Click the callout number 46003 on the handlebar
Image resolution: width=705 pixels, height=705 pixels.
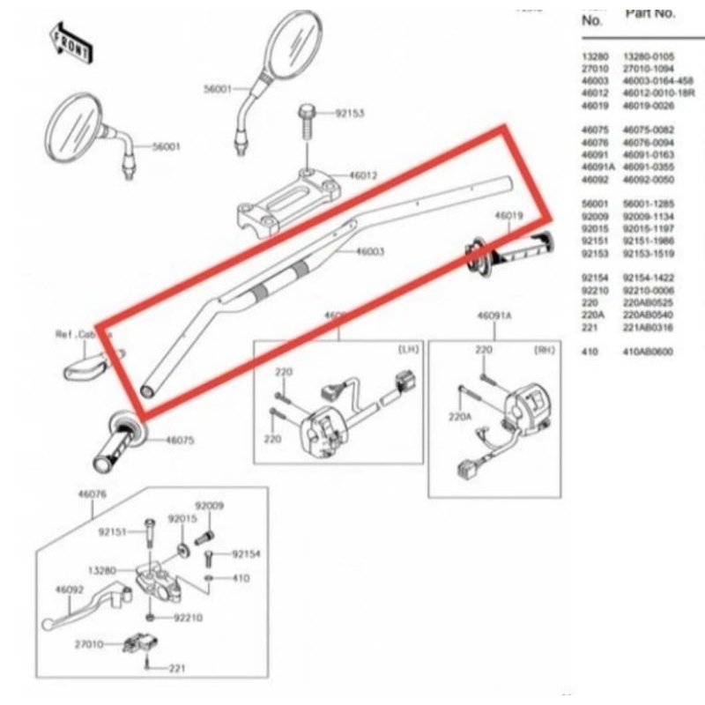pyautogui.click(x=370, y=252)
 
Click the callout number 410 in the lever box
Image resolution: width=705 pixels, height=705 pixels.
pyautogui.click(x=241, y=579)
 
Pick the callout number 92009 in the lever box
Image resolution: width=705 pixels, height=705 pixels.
pyautogui.click(x=209, y=506)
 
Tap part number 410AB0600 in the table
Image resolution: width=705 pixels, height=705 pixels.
pyautogui.click(x=648, y=352)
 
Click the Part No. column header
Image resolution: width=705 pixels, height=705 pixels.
pyautogui.click(x=649, y=14)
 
